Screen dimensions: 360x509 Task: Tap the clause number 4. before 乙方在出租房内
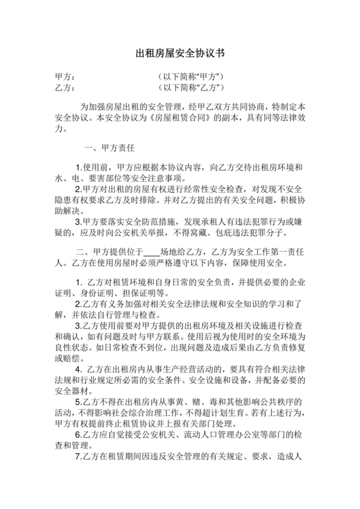pos(79,370)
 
